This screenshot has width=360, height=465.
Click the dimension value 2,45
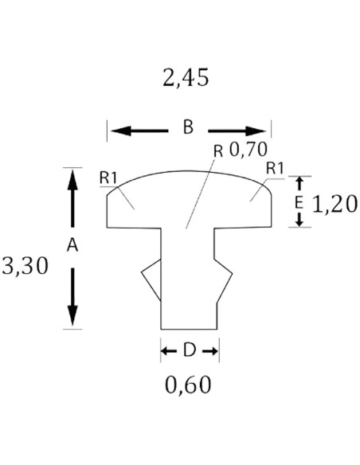(186, 78)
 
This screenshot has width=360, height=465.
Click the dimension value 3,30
(25, 265)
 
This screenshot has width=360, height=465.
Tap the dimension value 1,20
(335, 204)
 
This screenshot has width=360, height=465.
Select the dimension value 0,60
(188, 385)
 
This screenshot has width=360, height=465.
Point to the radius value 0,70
(248, 149)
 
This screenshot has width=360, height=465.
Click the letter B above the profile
(188, 127)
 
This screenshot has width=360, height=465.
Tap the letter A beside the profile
(72, 245)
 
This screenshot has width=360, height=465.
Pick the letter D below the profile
(190, 350)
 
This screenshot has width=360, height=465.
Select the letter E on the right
(299, 203)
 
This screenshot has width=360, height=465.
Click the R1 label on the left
(108, 178)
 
